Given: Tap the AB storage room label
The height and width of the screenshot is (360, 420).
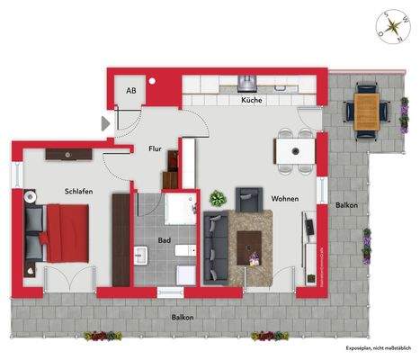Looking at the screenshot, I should (131, 91).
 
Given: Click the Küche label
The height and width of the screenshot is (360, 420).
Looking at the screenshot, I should (251, 101).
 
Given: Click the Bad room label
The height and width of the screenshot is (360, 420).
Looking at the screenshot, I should (165, 240).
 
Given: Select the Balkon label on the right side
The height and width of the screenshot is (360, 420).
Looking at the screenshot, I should (346, 206).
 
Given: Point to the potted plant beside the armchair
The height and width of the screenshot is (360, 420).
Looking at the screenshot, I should (218, 198).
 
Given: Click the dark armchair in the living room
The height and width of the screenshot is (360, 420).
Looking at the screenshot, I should (247, 198).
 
